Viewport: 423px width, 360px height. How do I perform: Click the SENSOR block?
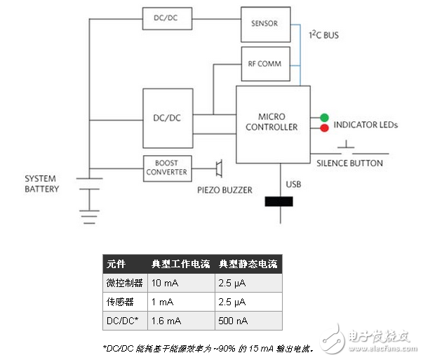coord(264,23)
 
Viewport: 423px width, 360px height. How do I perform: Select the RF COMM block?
coord(264,63)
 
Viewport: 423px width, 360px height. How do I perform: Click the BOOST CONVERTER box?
coord(167,168)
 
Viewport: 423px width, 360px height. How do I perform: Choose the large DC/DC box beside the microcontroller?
coord(167,117)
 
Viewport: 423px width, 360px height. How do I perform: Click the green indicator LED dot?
coord(324,117)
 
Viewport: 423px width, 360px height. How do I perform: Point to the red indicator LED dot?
coord(324,128)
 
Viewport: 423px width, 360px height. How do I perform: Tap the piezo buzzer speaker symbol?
coord(218,168)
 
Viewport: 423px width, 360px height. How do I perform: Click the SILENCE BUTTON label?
coord(349,164)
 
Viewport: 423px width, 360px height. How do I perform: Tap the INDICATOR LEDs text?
coord(365,125)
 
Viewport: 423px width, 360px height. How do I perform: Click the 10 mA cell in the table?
coord(165,283)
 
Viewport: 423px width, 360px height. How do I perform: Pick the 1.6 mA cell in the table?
coord(166,321)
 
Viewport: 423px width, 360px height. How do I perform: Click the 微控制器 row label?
coord(124,283)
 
